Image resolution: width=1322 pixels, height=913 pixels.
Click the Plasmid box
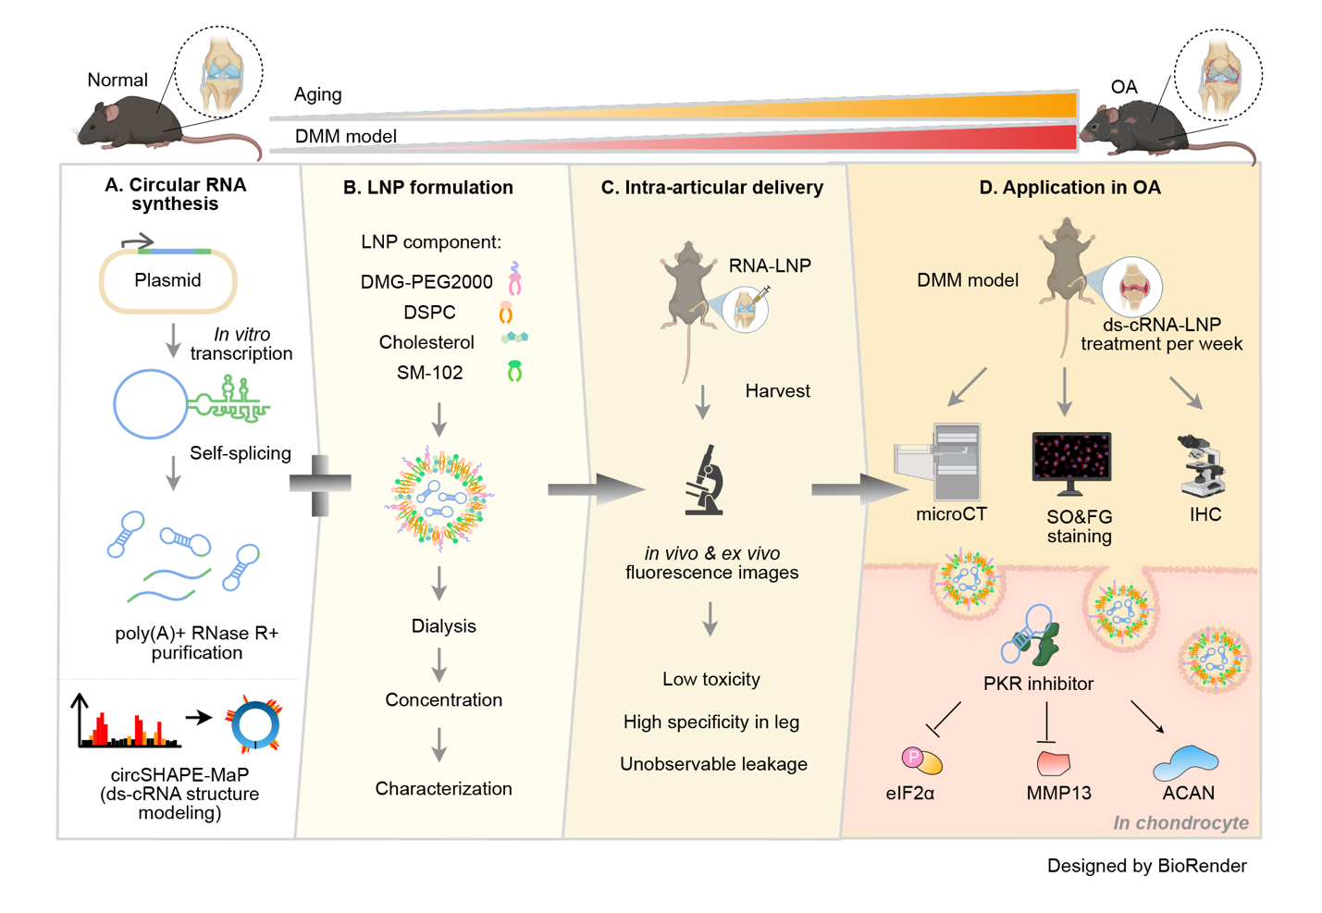167,280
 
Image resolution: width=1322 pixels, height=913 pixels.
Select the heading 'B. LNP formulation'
427,188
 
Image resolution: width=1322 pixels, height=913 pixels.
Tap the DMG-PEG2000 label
426,282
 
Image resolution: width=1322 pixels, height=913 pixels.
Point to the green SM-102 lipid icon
514,372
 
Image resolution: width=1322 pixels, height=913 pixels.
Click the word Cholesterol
426,342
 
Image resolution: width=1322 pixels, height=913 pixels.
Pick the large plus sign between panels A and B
320,484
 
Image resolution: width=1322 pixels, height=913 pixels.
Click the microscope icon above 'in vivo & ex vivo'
705,480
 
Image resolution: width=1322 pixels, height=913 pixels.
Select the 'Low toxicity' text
710,680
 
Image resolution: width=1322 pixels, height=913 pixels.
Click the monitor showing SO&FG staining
1071,461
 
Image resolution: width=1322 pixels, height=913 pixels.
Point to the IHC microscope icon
1203,466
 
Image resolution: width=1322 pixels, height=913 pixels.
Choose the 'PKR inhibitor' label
1038,684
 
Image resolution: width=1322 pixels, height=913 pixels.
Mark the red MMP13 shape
1053,763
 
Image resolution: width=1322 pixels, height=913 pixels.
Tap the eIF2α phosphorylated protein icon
921,760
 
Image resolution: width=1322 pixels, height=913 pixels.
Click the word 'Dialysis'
443,626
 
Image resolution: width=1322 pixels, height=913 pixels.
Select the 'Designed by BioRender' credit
1146,866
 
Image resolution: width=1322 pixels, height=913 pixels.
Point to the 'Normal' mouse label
117,80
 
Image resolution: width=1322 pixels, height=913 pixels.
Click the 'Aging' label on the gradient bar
317,94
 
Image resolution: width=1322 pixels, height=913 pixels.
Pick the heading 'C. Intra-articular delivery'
711,188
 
